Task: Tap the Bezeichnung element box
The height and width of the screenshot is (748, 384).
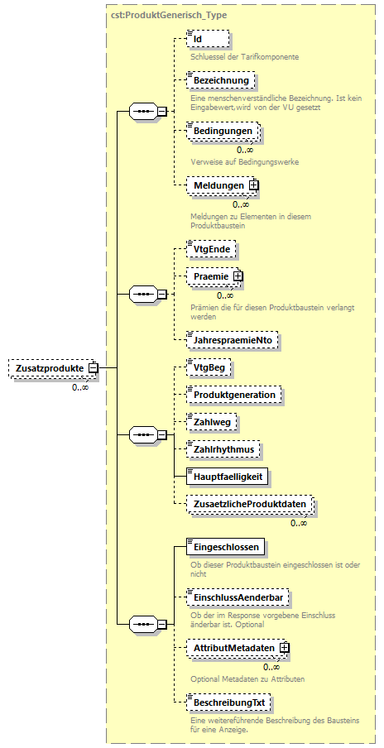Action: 221,81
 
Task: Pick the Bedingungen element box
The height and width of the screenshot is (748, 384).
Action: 223,132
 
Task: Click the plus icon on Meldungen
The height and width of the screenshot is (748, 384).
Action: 254,185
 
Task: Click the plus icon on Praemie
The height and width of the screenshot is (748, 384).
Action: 238,276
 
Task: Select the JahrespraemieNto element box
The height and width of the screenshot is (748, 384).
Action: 233,339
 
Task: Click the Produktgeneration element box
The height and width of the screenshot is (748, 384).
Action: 234,395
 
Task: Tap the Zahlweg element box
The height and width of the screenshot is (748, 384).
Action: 212,422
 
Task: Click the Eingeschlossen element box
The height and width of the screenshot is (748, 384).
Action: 225,547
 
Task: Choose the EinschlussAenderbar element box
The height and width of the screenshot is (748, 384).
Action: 238,597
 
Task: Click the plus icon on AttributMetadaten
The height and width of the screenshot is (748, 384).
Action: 285,648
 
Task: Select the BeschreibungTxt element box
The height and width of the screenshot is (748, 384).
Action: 229,702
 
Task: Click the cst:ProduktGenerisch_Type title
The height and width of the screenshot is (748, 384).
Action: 169,15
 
